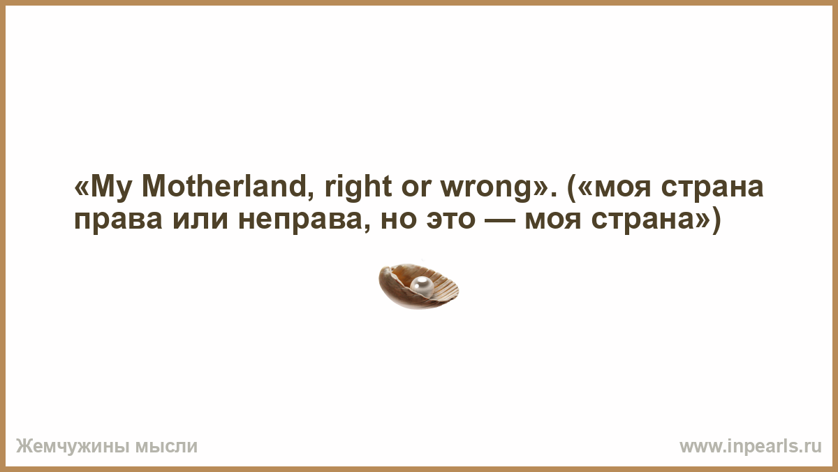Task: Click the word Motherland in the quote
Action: (224, 187)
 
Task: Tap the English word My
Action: (111, 189)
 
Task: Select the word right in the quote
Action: (358, 189)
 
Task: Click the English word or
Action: (416, 189)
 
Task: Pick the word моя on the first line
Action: (622, 189)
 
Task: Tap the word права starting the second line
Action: (118, 222)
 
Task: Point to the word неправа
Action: (301, 222)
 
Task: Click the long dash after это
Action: (499, 221)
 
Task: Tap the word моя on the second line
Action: (553, 221)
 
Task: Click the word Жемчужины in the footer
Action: (72, 447)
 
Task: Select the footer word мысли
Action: (166, 447)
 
